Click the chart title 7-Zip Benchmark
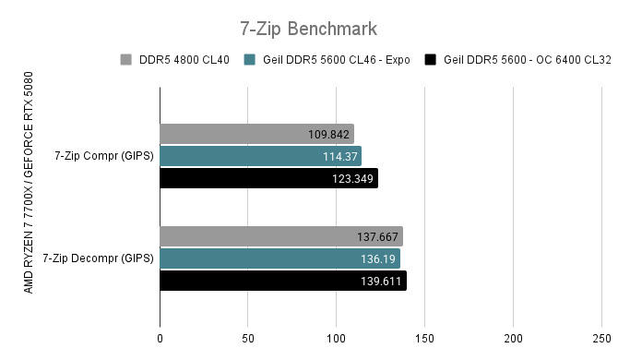point(308,29)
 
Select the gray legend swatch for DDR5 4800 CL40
point(125,61)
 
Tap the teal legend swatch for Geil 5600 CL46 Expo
point(249,61)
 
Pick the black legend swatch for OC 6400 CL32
point(430,61)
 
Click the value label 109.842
point(328,135)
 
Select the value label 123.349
point(352,178)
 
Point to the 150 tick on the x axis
point(425,338)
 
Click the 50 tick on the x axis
point(248,338)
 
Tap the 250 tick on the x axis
point(601,338)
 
